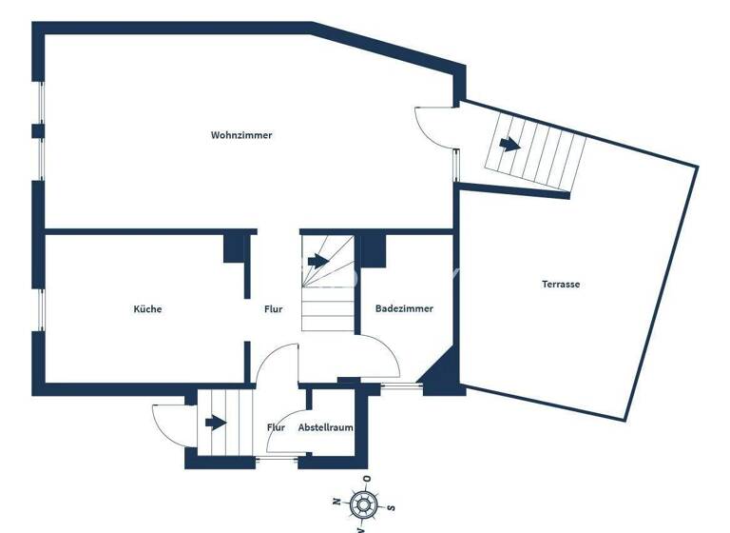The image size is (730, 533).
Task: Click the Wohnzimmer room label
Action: pos(241,135)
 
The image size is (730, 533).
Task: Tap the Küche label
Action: pos(147,309)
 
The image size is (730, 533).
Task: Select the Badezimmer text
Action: pos(404,309)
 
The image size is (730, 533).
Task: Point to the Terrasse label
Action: pos(561,284)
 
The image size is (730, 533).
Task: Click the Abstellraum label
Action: pos(326,428)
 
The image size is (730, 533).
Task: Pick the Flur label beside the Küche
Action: pos(274,309)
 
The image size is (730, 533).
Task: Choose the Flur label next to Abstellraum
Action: pos(277,428)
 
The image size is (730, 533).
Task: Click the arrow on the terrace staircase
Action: pos(509,146)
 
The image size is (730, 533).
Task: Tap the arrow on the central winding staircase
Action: pos(317,261)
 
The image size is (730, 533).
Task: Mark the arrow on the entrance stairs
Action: pos(216,422)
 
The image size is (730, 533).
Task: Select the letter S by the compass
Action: pos(390,507)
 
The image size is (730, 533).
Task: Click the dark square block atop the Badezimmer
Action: pos(373,250)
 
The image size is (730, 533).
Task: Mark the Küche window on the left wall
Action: pos(41,309)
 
